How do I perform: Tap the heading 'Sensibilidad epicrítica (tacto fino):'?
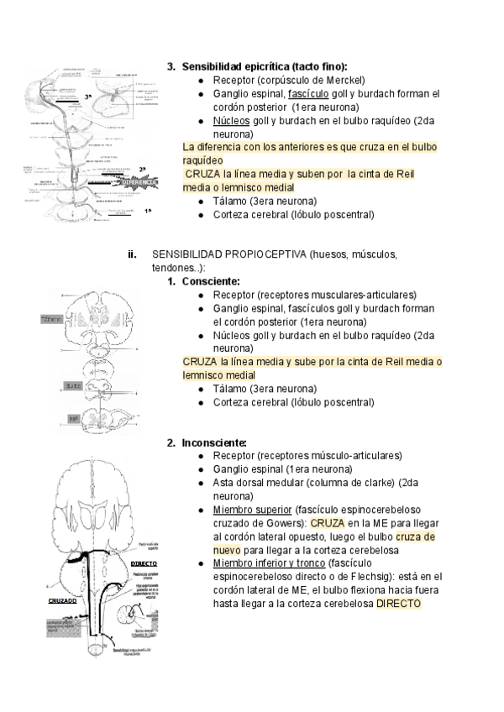pos(265,66)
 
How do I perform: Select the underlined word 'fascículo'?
pos(308,93)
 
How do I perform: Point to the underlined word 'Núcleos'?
pos(232,120)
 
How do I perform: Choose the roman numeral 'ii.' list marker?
pos(131,254)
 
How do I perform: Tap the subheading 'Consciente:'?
pos(211,281)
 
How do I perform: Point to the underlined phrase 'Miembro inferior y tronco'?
pos(270,563)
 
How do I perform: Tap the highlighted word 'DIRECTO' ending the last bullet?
pos(399,604)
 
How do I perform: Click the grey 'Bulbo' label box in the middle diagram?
pos(73,386)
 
